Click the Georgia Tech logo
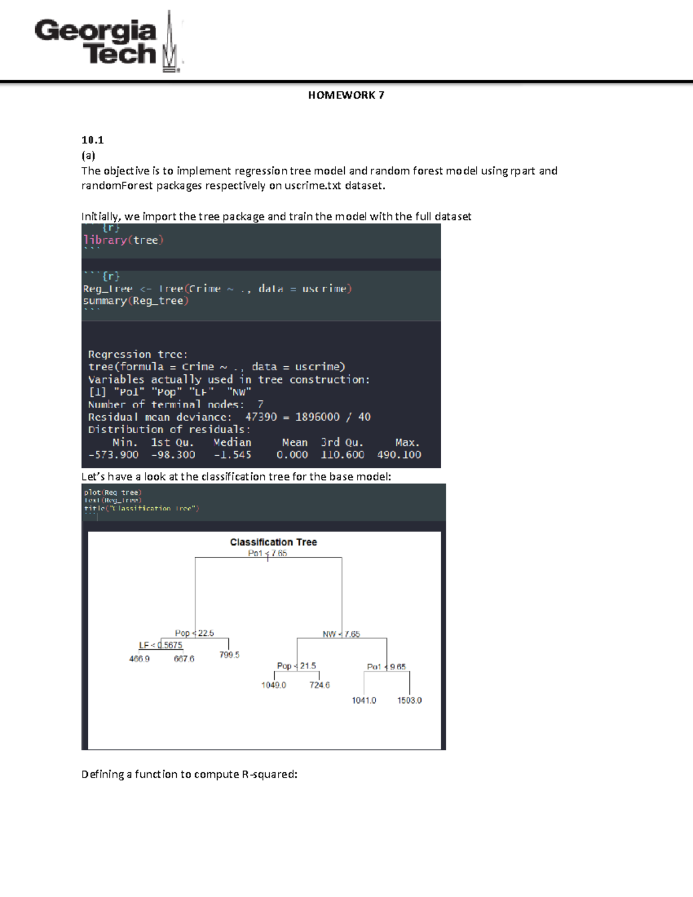109,42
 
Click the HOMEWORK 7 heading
346,95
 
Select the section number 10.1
92,140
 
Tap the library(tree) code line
124,240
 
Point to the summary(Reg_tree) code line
136,300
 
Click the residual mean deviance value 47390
261,417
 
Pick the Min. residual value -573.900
113,455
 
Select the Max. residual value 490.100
399,455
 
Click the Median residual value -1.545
232,455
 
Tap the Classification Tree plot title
273,542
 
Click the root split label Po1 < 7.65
267,553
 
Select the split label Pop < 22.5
194,633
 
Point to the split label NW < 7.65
341,634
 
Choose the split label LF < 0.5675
161,645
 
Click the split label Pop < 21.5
296,666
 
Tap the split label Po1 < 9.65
386,667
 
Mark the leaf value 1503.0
409,701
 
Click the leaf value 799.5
229,655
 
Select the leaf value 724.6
319,685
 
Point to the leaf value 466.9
139,659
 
